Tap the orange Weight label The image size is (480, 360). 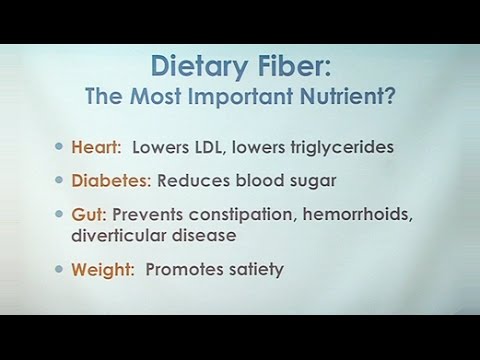click(x=102, y=269)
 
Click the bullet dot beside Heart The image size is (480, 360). click(x=59, y=147)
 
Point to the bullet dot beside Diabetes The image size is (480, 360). click(x=59, y=180)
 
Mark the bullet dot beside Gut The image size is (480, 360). click(x=59, y=213)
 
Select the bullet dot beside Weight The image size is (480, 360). click(x=59, y=269)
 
